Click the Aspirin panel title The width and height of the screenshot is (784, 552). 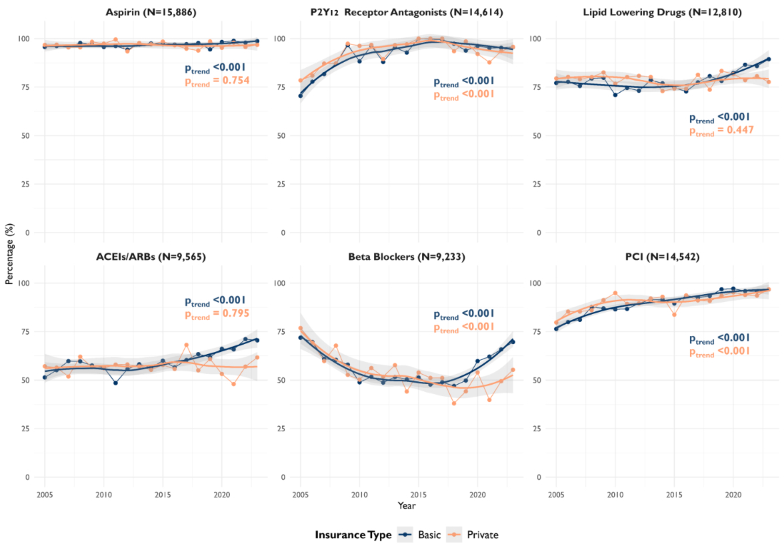[x=151, y=12]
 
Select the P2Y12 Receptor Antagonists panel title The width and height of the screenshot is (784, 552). [x=407, y=12]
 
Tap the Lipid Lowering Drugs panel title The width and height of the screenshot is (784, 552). [x=663, y=12]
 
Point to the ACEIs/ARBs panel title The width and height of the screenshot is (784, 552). [x=151, y=257]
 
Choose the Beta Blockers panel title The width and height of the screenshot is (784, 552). [x=407, y=257]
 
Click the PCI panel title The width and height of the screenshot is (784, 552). [x=663, y=257]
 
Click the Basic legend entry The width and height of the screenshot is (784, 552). [x=420, y=535]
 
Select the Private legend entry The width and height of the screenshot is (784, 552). [x=473, y=535]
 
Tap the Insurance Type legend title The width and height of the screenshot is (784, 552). [x=353, y=535]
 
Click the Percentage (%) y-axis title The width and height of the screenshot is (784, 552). [x=9, y=254]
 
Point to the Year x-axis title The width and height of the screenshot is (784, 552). [x=407, y=505]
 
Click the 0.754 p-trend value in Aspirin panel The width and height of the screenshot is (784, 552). [x=235, y=81]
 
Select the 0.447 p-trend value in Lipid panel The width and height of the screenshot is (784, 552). [x=740, y=130]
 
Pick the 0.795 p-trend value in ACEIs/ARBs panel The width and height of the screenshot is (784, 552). [x=235, y=313]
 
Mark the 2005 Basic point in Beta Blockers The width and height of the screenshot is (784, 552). [x=301, y=337]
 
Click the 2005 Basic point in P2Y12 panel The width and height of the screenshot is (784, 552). [x=301, y=96]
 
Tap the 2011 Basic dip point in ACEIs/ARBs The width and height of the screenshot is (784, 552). [x=115, y=383]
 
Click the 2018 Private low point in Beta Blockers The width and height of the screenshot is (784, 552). [x=454, y=403]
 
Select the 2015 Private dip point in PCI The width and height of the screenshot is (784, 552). [x=675, y=315]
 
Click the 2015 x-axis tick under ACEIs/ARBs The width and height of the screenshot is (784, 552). [x=163, y=495]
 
